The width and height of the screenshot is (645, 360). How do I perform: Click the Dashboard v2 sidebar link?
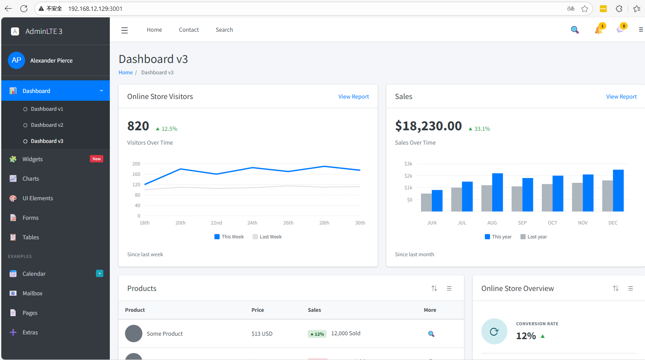tap(47, 125)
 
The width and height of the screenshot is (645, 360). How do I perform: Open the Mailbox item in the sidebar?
tap(32, 294)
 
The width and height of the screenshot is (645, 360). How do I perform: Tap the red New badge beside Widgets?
tap(96, 159)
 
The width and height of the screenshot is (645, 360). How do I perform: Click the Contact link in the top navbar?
tap(189, 30)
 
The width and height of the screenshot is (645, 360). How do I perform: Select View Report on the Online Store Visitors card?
tap(353, 97)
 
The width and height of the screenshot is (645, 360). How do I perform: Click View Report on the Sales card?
tap(621, 97)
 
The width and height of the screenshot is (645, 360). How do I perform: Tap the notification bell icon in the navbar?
tap(599, 30)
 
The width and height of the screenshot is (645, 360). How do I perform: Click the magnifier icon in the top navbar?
tap(575, 30)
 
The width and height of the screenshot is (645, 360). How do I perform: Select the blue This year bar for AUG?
tap(497, 192)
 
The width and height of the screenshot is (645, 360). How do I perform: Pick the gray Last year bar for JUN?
tap(426, 202)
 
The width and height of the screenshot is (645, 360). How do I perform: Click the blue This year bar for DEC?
tap(618, 191)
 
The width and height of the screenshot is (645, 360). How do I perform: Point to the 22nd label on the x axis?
tap(216, 223)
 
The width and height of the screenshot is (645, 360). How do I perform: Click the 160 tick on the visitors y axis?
tap(136, 175)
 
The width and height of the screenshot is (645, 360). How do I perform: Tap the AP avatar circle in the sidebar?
tap(16, 60)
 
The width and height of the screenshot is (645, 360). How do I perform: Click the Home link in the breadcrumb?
tap(125, 73)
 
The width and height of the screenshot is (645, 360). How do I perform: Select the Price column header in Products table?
tap(257, 310)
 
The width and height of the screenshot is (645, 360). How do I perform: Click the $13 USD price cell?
tap(262, 334)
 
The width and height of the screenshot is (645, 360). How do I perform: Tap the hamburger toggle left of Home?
tap(125, 30)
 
